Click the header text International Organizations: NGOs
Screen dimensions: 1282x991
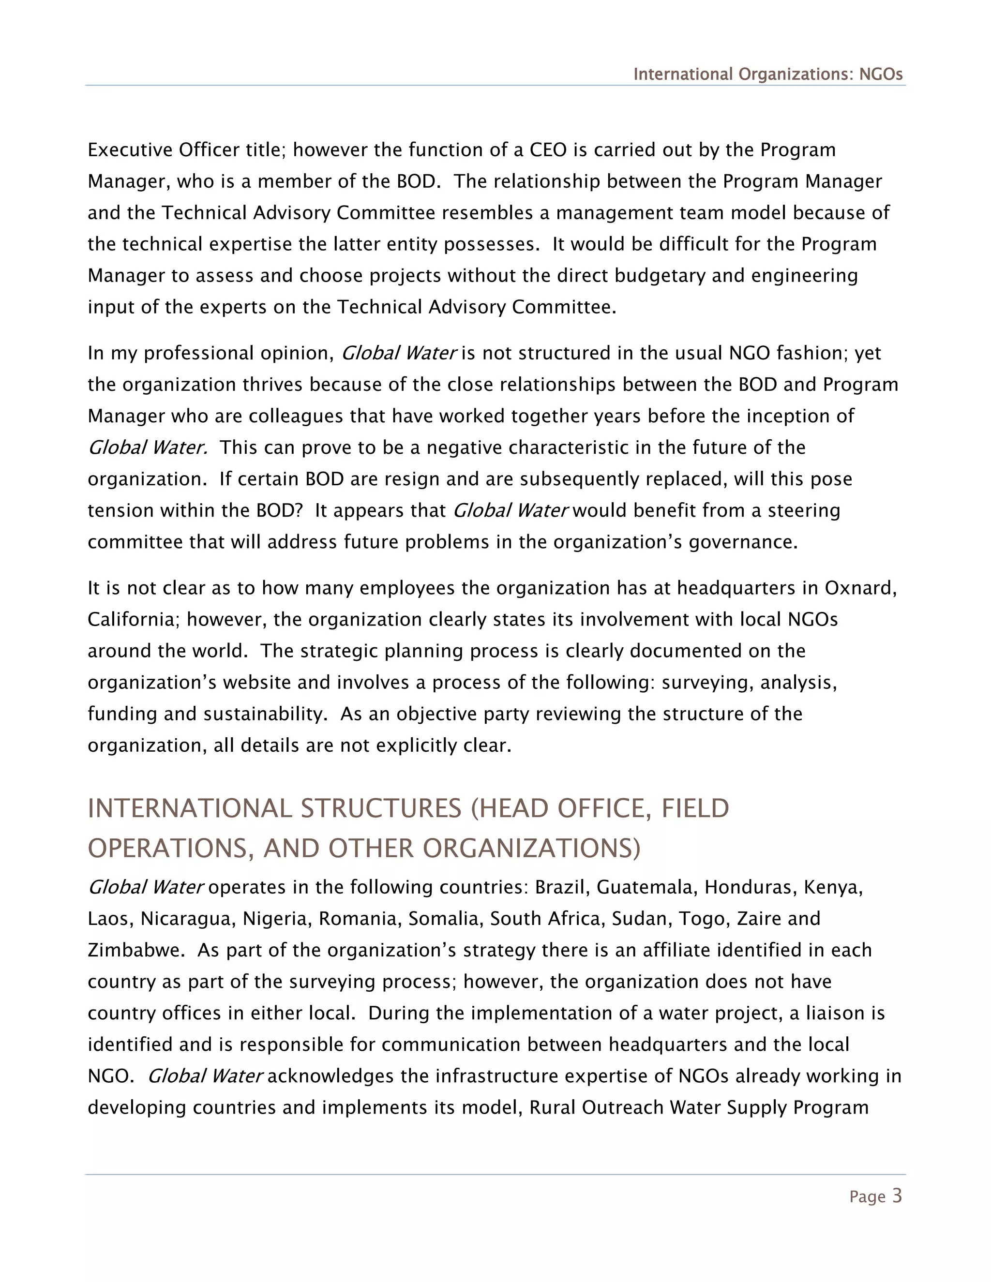tap(767, 75)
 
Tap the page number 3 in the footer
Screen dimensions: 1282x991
tap(897, 1196)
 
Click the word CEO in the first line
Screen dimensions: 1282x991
tap(548, 150)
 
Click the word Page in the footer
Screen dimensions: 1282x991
tap(867, 1197)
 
